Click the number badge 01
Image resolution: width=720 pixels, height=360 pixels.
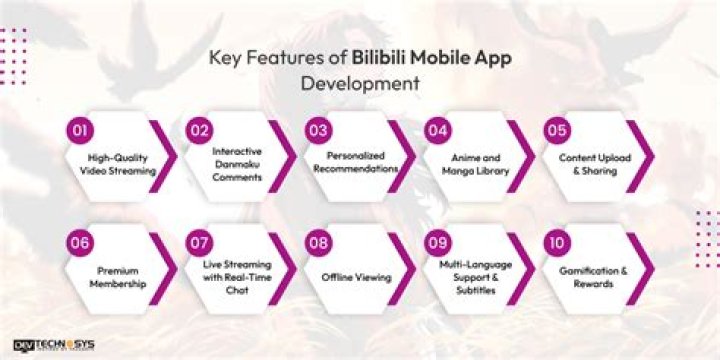78,130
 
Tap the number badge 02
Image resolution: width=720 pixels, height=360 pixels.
198,130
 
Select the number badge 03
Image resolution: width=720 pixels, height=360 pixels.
318,130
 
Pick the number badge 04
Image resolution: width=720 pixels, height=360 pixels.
437,130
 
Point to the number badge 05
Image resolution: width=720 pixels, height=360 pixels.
557,130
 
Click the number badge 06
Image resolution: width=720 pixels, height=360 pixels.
78,242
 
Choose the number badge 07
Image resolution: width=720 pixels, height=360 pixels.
198,242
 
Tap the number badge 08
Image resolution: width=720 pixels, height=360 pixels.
318,242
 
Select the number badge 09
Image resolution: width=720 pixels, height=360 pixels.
437,242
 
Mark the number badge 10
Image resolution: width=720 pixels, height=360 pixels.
557,242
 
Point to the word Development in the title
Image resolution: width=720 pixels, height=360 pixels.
360,82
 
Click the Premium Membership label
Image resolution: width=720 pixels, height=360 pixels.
118,278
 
